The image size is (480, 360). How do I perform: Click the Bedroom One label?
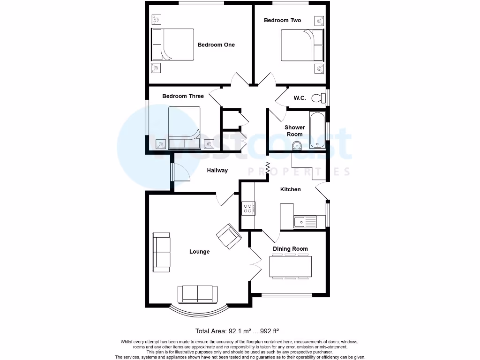tap(216, 45)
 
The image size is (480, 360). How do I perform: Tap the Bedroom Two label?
tap(282, 20)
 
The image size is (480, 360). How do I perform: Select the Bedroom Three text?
tap(183, 96)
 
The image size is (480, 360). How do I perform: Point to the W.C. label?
tap(300, 98)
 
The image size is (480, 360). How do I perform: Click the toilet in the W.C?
tap(319, 98)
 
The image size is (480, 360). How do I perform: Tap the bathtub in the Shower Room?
tap(317, 130)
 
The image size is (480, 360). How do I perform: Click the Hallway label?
tap(217, 170)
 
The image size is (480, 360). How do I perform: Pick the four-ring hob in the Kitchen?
tap(248, 208)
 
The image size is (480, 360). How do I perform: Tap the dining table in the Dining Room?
tap(291, 267)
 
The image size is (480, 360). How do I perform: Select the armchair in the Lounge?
tap(229, 235)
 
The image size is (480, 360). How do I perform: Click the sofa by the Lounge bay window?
tap(197, 294)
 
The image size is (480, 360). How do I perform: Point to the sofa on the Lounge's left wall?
tap(161, 252)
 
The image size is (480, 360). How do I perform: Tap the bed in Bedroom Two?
tap(302, 45)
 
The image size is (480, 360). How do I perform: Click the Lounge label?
tap(199, 252)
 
